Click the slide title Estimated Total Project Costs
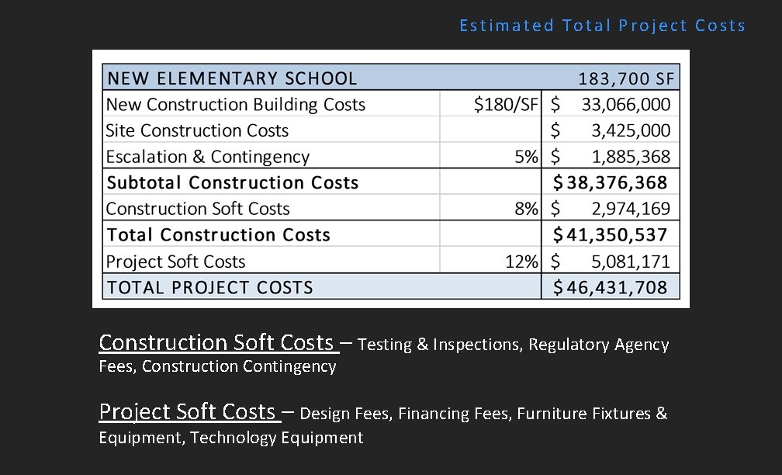[602, 26]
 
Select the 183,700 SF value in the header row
[627, 78]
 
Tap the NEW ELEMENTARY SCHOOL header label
[232, 78]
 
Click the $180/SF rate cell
[506, 105]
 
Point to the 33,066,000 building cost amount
[626, 105]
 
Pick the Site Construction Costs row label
[197, 130]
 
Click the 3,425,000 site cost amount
[631, 130]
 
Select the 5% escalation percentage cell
[526, 157]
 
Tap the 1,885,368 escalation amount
[631, 157]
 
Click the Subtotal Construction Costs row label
[233, 183]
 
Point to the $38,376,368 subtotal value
[610, 183]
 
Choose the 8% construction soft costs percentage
[526, 209]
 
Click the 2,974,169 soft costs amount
[631, 209]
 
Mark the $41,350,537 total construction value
[610, 235]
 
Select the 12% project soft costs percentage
[521, 262]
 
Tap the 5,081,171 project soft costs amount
[631, 262]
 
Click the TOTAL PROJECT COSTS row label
[210, 287]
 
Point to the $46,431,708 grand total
[610, 287]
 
